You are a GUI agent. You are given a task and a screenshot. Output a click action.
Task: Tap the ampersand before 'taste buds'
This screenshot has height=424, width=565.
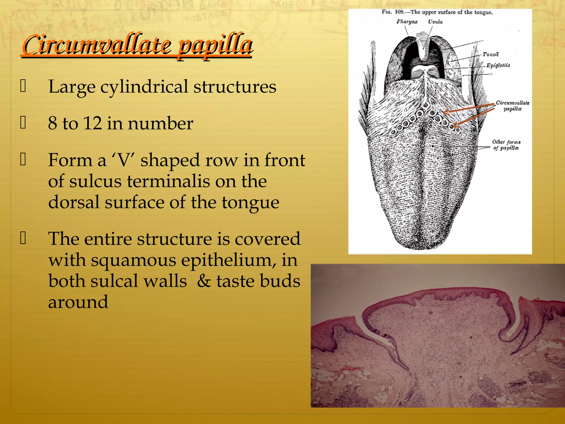click(x=204, y=281)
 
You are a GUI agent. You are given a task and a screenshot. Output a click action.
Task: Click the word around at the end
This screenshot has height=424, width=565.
click(x=78, y=302)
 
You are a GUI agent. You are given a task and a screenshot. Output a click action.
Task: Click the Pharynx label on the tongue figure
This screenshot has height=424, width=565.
click(x=407, y=22)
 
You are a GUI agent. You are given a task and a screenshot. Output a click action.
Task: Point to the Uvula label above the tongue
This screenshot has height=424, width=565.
click(x=435, y=22)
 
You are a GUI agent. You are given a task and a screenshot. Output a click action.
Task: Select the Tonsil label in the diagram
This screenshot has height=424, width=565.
click(x=491, y=54)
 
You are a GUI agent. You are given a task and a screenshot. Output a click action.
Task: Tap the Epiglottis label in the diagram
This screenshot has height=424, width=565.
click(x=498, y=65)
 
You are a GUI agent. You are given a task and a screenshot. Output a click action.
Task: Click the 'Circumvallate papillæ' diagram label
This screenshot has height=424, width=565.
click(x=513, y=106)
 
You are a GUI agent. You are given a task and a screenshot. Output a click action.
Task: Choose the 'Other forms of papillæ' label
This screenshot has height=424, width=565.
click(x=506, y=145)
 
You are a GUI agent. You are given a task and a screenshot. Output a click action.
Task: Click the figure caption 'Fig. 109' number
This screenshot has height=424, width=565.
click(x=399, y=12)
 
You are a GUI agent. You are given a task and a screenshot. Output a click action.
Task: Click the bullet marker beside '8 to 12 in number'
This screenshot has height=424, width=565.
click(x=23, y=123)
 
